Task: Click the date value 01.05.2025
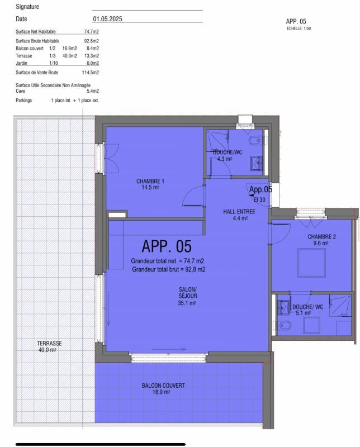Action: [x=107, y=19]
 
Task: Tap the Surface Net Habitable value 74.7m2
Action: [x=91, y=32]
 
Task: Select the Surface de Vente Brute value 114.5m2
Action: [x=90, y=72]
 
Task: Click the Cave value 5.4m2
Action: [x=93, y=91]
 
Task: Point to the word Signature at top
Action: [x=28, y=7]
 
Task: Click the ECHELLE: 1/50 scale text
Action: [x=299, y=27]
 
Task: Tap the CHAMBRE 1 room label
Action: [x=150, y=184]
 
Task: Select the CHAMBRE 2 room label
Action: [x=321, y=240]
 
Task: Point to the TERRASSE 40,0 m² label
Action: [x=49, y=346]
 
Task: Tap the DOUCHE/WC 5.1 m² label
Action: [x=307, y=310]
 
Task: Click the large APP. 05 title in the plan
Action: [x=167, y=246]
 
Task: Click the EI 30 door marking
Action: [x=259, y=199]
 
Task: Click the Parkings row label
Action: [x=24, y=100]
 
